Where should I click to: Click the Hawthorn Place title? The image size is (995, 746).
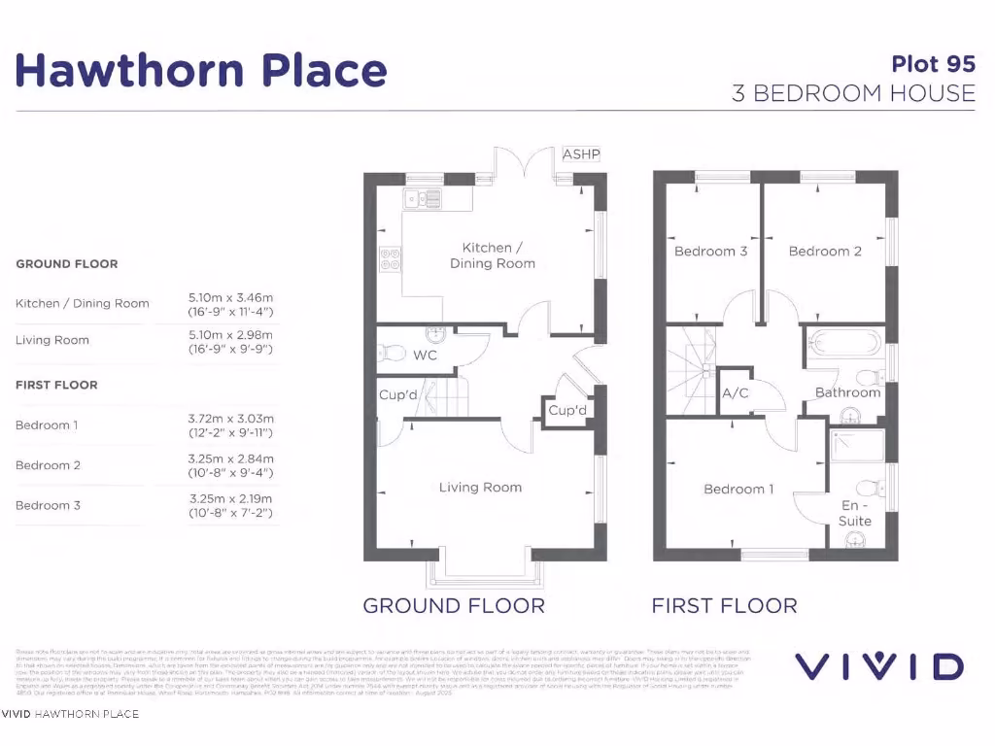pos(201,70)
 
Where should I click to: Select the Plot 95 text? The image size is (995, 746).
pos(933,64)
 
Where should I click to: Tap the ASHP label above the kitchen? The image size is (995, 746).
pos(581,154)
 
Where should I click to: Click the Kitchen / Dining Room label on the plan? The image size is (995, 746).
pos(492,255)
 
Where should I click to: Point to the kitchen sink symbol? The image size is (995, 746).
pos(425,199)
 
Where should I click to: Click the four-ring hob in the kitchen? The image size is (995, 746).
pos(390,259)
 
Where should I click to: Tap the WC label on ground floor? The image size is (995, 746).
pos(425,356)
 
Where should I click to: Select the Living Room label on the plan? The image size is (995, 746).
pos(480,488)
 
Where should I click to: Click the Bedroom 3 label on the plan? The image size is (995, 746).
pos(710,252)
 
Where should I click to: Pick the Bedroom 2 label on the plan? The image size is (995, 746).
pos(825,252)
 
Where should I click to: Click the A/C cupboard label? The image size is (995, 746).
pos(734,394)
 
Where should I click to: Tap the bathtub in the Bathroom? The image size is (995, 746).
pos(843,343)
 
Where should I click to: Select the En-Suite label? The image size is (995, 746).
pos(855,513)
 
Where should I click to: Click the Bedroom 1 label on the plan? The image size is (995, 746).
pos(738,490)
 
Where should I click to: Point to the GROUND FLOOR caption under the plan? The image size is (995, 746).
pos(453,606)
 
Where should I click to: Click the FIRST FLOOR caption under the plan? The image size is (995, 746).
pos(724,606)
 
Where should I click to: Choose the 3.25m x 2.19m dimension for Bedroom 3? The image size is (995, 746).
pos(230,498)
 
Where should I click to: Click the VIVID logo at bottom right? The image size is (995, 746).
pos(879,666)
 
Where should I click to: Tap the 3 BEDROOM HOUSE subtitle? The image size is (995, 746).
pos(853,93)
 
